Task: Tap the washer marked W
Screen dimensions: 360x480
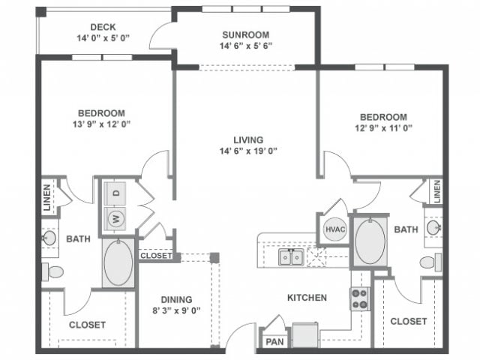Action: (117, 219)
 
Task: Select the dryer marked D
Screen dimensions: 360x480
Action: (117, 193)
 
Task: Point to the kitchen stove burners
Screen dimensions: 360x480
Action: (359, 299)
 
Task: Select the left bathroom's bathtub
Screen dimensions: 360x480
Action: (118, 262)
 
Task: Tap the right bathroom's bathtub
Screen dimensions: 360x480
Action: (370, 241)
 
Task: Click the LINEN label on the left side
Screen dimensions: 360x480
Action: (46, 196)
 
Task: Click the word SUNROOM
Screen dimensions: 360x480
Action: (245, 34)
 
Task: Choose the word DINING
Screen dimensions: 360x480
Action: (176, 298)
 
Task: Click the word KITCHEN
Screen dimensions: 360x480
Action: (307, 298)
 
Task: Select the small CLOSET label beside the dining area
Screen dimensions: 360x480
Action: (156, 256)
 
